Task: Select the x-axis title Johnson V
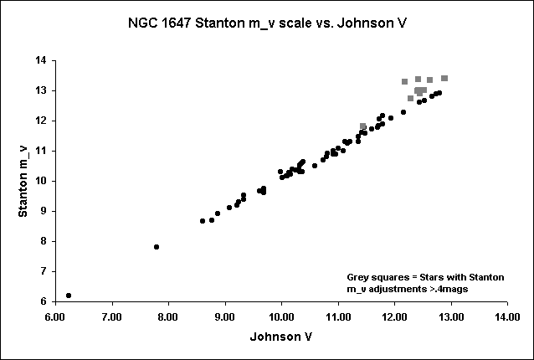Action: click(281, 337)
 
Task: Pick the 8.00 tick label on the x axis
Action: click(168, 317)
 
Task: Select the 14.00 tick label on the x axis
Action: click(507, 317)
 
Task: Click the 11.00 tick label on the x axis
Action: click(337, 317)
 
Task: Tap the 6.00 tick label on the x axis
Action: click(55, 317)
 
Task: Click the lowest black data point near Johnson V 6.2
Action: click(69, 296)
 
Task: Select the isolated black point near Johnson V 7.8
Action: click(157, 247)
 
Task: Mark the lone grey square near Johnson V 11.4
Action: click(363, 126)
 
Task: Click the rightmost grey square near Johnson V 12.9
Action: click(444, 78)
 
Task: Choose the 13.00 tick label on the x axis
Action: click(450, 317)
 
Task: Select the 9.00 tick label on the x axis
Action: click(224, 317)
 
